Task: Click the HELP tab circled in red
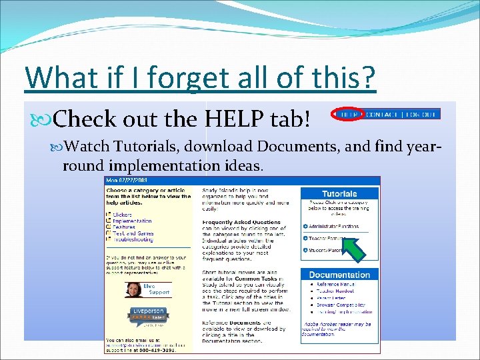point(348,114)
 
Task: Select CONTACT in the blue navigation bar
point(385,114)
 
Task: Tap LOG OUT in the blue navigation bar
point(421,114)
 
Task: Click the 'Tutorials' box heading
point(339,194)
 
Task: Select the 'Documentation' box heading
point(339,275)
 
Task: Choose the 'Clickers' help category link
point(123,215)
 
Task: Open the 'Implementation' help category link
point(132,221)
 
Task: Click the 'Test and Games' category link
point(133,233)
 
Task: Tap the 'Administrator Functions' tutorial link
point(333,227)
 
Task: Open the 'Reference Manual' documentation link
point(336,285)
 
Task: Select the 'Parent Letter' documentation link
point(333,298)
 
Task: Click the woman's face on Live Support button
point(133,289)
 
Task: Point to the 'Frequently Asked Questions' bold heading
point(241,222)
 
